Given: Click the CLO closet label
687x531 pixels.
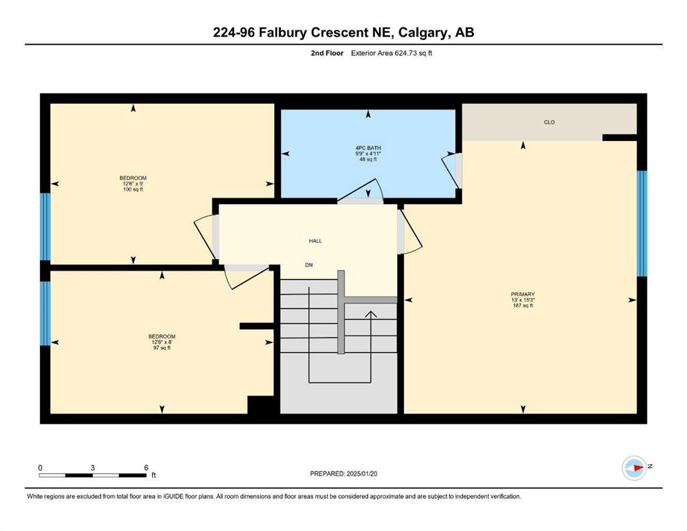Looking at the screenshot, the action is [x=549, y=122].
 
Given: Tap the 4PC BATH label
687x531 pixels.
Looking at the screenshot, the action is [x=368, y=148].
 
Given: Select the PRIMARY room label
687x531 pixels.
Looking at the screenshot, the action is [x=523, y=294].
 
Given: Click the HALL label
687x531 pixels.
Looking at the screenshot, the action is [x=315, y=241].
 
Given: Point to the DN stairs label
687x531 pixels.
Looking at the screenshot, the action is [x=309, y=265].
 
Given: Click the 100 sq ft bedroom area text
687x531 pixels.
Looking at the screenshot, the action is [x=134, y=189].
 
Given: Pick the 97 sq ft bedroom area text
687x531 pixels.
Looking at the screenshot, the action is [x=162, y=348].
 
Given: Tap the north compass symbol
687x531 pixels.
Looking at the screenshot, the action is [x=634, y=468].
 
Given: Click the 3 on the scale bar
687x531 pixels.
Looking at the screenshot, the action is [x=93, y=467].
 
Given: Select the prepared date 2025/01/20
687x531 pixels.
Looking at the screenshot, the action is [x=362, y=474].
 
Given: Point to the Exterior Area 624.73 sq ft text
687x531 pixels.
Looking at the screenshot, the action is [x=392, y=53].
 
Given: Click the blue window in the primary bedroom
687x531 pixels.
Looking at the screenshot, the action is [x=641, y=223].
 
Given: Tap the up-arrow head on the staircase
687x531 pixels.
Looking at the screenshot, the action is [x=371, y=314].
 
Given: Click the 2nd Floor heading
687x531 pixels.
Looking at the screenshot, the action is [x=327, y=53].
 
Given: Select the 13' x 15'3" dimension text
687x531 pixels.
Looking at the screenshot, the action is [x=523, y=300].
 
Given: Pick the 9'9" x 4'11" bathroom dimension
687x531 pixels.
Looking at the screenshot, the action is [x=368, y=153].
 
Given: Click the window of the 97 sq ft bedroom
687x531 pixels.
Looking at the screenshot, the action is [x=45, y=313].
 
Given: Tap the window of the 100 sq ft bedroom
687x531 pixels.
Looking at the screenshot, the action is [x=45, y=227].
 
